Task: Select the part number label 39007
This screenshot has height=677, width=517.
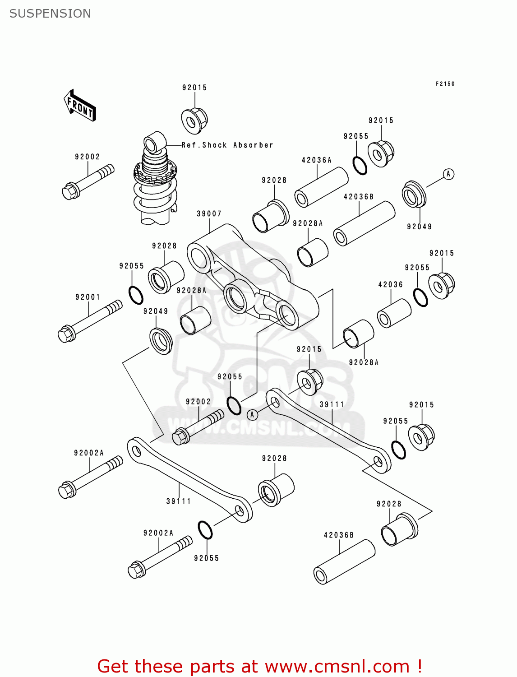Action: click(209, 213)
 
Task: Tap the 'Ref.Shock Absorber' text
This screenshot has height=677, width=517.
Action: click(227, 145)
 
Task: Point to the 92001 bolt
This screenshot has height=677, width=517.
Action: click(90, 321)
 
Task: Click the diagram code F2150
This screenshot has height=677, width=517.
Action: click(445, 83)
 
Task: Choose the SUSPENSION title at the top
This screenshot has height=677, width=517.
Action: click(50, 14)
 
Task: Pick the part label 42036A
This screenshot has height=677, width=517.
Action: click(316, 160)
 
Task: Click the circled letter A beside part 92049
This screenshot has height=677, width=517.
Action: click(448, 174)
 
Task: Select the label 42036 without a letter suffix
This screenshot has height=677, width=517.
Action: click(390, 284)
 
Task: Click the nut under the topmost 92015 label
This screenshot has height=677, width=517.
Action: click(194, 120)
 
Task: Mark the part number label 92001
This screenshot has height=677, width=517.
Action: click(88, 297)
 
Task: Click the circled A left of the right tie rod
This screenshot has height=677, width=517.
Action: click(252, 414)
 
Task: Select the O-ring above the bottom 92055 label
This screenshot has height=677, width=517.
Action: click(205, 530)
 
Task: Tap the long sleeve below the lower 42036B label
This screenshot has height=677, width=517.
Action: click(344, 562)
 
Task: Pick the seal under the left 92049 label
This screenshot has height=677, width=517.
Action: click(161, 341)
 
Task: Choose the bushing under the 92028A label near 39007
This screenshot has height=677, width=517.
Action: click(195, 320)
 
